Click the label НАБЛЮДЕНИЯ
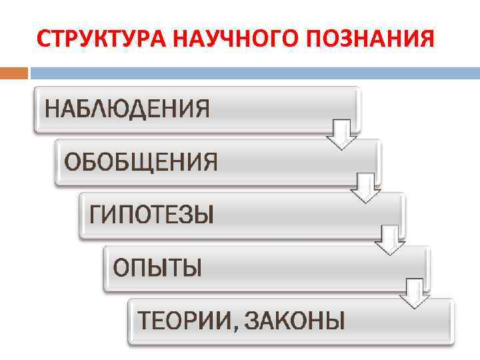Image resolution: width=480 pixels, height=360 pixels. click(127, 108)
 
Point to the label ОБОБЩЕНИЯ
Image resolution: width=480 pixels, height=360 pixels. click(141, 161)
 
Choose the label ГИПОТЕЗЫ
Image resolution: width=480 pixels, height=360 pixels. click(152, 215)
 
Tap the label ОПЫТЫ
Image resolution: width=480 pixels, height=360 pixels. click(157, 268)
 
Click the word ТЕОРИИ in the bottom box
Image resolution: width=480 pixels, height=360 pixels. click(183, 321)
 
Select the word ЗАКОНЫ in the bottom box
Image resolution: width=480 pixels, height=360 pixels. click(294, 321)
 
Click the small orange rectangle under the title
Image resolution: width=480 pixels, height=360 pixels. click(13, 71)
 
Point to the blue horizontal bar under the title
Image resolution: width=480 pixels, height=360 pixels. click(253, 71)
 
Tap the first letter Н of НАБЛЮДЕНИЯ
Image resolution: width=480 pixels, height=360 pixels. click(53, 108)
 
